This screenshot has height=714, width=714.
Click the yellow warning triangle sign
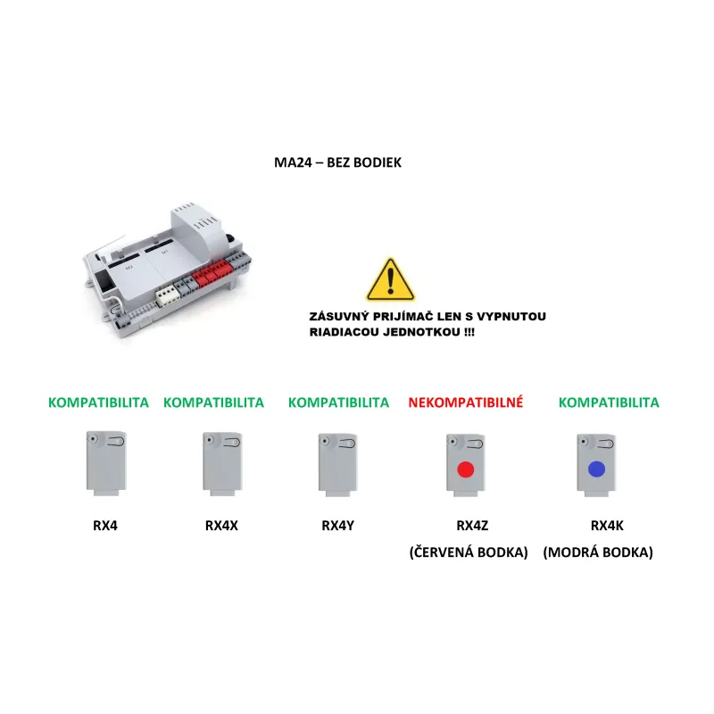[x=390, y=280]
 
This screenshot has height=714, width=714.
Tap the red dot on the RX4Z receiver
[x=465, y=469]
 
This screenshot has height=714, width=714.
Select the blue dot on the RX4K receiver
[x=596, y=469]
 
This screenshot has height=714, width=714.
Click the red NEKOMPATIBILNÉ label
[x=465, y=403]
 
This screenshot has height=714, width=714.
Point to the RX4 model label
[x=105, y=526]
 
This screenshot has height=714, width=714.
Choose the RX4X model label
[x=221, y=526]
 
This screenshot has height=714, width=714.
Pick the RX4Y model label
[x=338, y=526]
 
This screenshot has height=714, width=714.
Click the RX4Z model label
[x=472, y=526]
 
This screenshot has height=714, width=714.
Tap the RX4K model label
[x=607, y=526]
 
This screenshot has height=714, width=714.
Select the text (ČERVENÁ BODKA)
[x=469, y=552]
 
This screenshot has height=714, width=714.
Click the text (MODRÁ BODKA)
[x=598, y=552]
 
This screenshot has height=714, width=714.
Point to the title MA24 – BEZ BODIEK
[x=338, y=162]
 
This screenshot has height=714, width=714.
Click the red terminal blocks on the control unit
[x=212, y=273]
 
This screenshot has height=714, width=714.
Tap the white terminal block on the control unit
[x=168, y=296]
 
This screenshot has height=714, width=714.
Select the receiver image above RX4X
[x=222, y=464]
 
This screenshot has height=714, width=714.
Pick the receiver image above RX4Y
[x=338, y=464]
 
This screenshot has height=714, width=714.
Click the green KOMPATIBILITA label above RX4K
[x=609, y=403]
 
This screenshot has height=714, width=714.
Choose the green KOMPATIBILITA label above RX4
[x=98, y=403]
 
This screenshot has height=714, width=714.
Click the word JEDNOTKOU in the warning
[x=421, y=332]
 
